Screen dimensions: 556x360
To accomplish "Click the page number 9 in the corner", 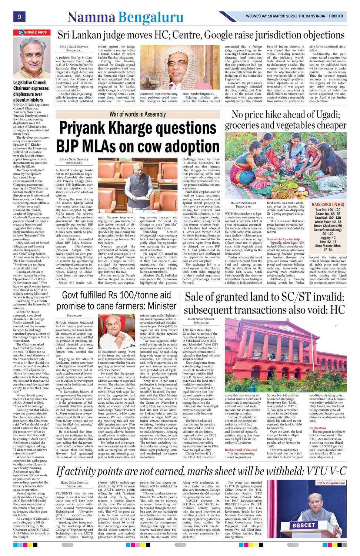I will pos(19,17).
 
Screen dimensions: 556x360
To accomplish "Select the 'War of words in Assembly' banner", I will pos(137,114).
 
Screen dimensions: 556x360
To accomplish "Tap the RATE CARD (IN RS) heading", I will pos(328,205).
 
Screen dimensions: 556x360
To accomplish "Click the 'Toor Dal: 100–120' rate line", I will pos(328,210).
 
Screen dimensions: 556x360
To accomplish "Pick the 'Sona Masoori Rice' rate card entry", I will pos(328,245).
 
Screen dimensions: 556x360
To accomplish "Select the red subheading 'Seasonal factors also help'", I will pos(283,239).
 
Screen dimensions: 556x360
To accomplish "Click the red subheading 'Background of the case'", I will pos(241,450).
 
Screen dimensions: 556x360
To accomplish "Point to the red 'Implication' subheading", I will pos(318,428).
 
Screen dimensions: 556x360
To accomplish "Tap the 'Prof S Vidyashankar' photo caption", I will pos(331,483).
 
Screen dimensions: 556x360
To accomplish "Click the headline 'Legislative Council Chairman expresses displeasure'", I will pos(31,91).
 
